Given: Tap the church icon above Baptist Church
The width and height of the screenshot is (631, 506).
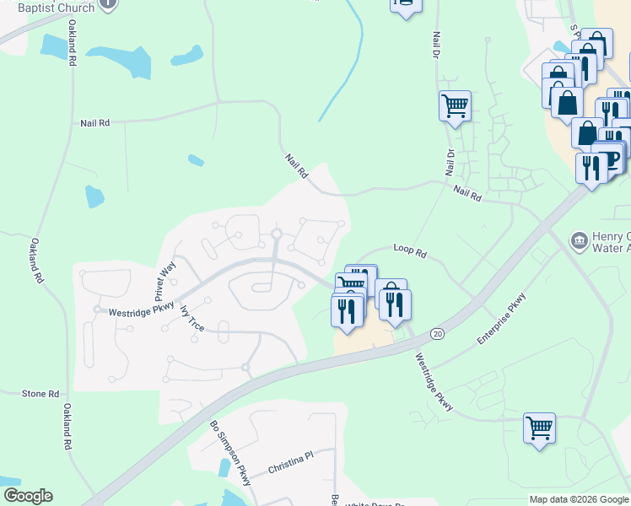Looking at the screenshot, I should click(108, 3).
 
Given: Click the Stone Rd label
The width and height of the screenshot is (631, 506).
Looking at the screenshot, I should click(40, 394).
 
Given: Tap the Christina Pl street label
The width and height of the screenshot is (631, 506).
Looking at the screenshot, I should click(290, 462).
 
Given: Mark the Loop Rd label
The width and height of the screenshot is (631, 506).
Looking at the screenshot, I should click(410, 250).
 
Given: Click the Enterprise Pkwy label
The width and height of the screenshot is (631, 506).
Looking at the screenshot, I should click(501, 318).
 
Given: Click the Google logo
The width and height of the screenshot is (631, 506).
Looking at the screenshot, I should click(28, 496).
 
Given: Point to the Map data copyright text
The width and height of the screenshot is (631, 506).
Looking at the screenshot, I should click(579, 499).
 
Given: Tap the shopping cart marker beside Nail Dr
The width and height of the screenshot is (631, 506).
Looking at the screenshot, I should click(455, 106).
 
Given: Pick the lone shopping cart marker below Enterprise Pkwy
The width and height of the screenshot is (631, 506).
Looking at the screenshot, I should click(539, 428).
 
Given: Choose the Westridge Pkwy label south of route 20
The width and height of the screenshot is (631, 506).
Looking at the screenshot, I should click(433, 381).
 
